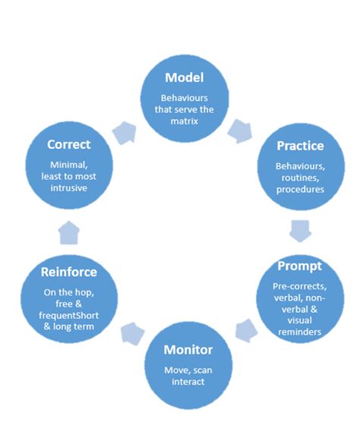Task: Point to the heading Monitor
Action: tap(188, 350)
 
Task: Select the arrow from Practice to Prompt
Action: tap(300, 225)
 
